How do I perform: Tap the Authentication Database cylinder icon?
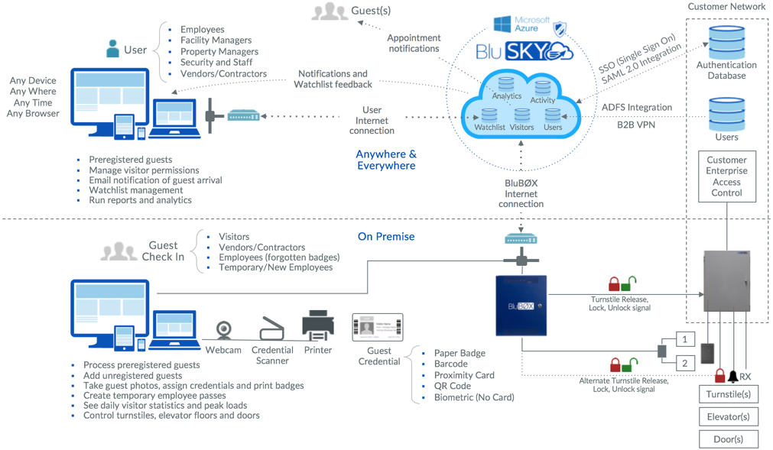pyautogui.click(x=726, y=43)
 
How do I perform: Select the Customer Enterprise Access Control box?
pyautogui.click(x=726, y=176)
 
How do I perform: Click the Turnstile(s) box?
pyautogui.click(x=728, y=394)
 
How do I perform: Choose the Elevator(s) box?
pyautogui.click(x=728, y=416)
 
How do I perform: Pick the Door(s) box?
pyautogui.click(x=728, y=439)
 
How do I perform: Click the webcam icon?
pyautogui.click(x=224, y=329)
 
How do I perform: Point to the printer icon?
pyautogui.click(x=318, y=325)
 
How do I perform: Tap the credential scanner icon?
pyautogui.click(x=272, y=329)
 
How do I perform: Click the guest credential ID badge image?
pyautogui.click(x=377, y=327)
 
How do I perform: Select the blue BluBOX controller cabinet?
pyautogui.click(x=521, y=305)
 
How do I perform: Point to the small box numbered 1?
pyautogui.click(x=685, y=339)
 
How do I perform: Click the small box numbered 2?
pyautogui.click(x=685, y=363)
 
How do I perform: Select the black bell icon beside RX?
pyautogui.click(x=732, y=376)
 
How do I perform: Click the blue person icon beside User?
pyautogui.click(x=113, y=49)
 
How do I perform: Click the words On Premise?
pyautogui.click(x=386, y=237)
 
